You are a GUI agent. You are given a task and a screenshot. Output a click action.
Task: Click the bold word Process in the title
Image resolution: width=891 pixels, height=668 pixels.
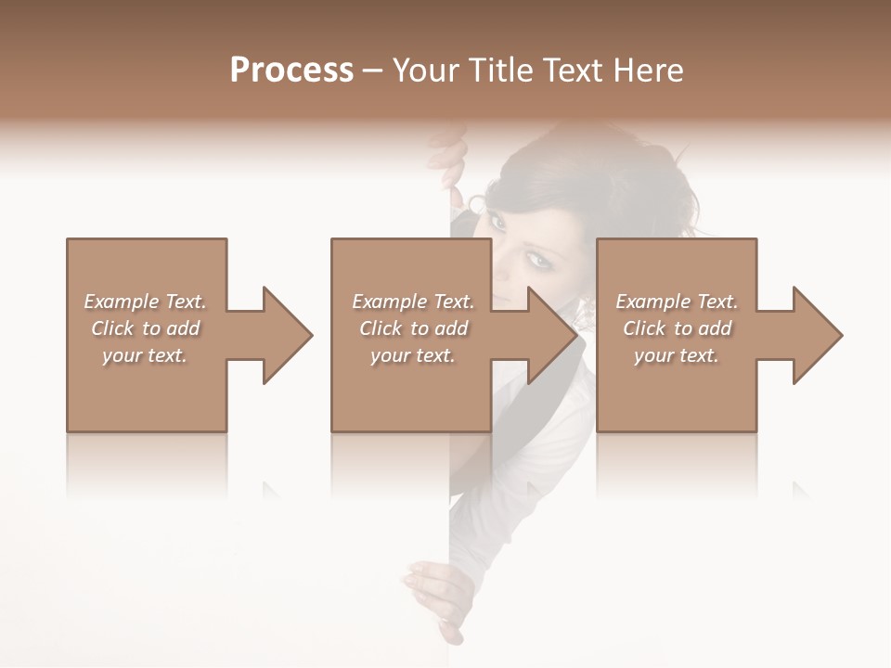click(291, 71)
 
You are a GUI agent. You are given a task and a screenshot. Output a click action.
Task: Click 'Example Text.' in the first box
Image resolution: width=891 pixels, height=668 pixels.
click(145, 302)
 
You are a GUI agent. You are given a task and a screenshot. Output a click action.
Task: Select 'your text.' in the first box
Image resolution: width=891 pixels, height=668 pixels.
click(145, 355)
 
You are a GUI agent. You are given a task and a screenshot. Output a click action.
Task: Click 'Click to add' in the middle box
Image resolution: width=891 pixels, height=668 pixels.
click(413, 328)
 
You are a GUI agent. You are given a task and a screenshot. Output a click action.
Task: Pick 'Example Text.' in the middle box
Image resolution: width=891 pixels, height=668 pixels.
click(413, 302)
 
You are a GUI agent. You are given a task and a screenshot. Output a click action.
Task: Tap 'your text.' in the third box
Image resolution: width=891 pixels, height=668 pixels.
click(677, 355)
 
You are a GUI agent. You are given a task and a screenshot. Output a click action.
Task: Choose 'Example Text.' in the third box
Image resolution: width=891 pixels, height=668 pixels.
click(677, 302)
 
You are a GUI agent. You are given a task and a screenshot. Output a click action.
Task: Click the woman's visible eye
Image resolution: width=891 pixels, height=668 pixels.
click(537, 261)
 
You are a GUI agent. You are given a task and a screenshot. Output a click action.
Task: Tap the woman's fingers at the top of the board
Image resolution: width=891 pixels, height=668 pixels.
click(452, 172)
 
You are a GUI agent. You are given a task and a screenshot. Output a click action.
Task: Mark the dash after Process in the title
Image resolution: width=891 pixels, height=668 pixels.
click(373, 71)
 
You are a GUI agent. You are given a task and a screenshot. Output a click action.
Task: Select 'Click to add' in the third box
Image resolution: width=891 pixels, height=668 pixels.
click(677, 328)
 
